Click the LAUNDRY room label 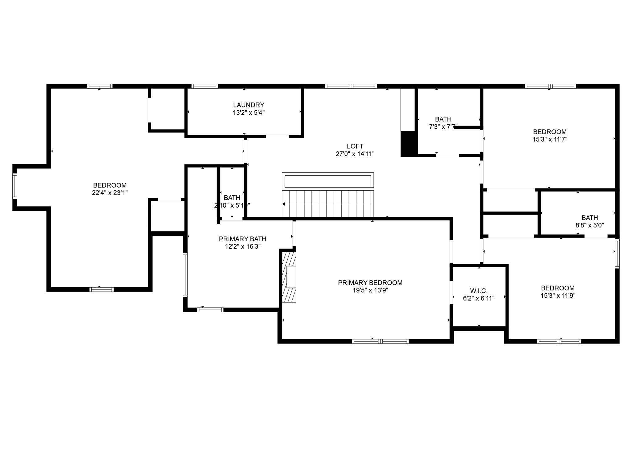click(248, 105)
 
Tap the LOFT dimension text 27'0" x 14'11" click(355, 154)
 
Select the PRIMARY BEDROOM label click(370, 283)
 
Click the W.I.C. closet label click(479, 291)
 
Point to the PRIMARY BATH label click(243, 239)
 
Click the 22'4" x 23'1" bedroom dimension click(110, 193)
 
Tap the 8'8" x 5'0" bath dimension click(589, 225)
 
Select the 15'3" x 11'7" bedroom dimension click(550, 139)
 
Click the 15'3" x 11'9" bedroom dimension click(558, 296)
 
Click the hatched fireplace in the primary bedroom click(289, 277)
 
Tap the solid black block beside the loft click(408, 143)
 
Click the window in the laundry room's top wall click(204, 86)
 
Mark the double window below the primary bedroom click(380, 341)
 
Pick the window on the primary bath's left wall click(185, 275)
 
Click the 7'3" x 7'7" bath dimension click(443, 127)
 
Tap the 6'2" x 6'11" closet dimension click(479, 298)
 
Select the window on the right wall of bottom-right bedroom click(617, 253)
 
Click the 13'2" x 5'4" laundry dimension click(248, 113)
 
